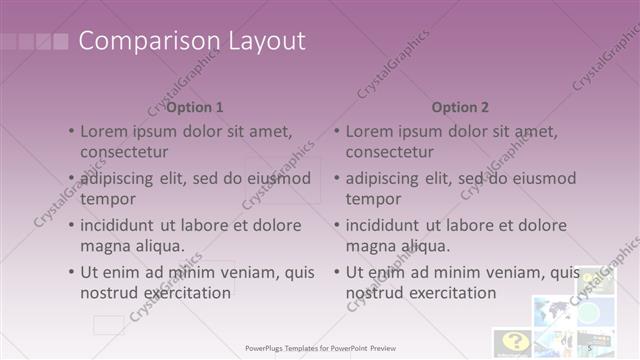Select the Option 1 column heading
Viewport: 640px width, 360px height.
(x=194, y=107)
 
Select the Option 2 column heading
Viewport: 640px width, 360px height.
(x=461, y=107)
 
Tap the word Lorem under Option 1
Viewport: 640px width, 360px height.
(x=106, y=131)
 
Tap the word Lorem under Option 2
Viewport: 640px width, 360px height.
(x=372, y=131)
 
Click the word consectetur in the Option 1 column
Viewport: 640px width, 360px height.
(x=124, y=152)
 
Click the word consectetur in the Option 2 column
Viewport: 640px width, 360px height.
(x=390, y=152)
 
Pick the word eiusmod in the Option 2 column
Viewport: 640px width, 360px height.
(x=542, y=178)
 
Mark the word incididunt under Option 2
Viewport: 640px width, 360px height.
(x=391, y=225)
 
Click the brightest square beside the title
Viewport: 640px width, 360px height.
(x=60, y=42)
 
